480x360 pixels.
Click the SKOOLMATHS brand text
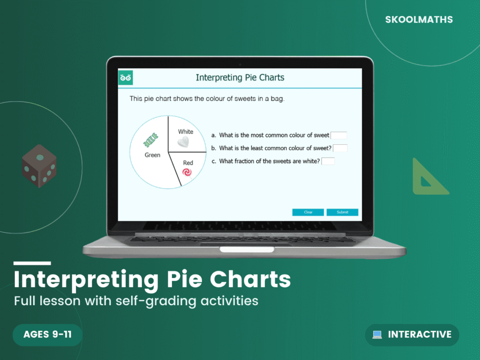point(419,20)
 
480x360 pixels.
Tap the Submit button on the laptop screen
point(342,212)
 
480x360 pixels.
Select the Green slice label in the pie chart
point(152,155)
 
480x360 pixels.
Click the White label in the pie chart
point(186,132)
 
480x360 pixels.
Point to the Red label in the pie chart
point(188,163)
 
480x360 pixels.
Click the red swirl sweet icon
point(187,173)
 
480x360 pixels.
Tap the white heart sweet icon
point(185,142)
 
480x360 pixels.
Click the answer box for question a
point(338,135)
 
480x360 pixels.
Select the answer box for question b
point(340,148)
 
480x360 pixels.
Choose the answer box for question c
point(328,161)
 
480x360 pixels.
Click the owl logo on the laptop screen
point(126,77)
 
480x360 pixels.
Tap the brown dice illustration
point(39,166)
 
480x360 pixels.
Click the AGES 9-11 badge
point(47,335)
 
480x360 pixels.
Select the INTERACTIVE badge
point(412,335)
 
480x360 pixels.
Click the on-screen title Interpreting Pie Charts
point(240,77)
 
